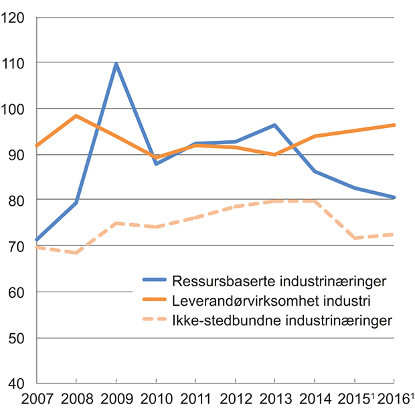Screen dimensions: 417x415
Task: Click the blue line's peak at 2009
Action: [x=116, y=64]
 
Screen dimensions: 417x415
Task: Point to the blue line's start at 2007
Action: [x=37, y=239]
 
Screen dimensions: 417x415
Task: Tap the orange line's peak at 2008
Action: [x=76, y=116]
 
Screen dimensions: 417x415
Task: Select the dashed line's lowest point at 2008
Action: [x=76, y=253]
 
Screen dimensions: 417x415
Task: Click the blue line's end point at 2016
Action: [x=395, y=197]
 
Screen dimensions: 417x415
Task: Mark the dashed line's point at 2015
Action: [x=355, y=238]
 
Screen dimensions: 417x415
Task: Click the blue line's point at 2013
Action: [x=275, y=125]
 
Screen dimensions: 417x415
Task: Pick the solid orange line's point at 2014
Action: [x=315, y=136]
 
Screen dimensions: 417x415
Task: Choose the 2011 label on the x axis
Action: [x=195, y=401]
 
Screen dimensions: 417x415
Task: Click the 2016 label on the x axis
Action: [x=394, y=401]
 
